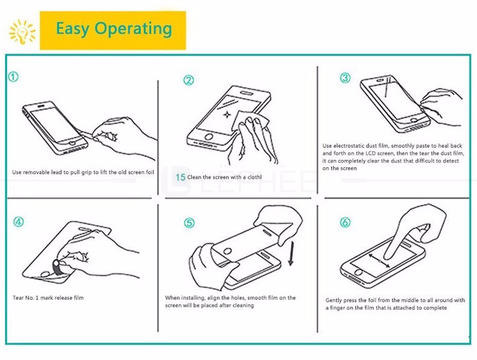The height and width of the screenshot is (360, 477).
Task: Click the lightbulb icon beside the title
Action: pyautogui.click(x=22, y=31)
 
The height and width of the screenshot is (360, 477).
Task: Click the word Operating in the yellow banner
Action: pyautogui.click(x=133, y=29)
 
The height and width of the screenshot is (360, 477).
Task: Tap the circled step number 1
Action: pyautogui.click(x=13, y=77)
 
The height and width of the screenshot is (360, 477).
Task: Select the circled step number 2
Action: pyautogui.click(x=188, y=80)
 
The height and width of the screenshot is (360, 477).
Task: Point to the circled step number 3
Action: pyautogui.click(x=345, y=78)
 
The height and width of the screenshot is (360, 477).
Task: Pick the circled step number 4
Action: pyautogui.click(x=18, y=222)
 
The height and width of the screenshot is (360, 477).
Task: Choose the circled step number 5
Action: pyautogui.click(x=189, y=223)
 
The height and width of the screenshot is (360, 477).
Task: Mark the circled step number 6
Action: pyautogui.click(x=345, y=222)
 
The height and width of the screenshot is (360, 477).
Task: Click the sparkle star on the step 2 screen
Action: pyautogui.click(x=227, y=114)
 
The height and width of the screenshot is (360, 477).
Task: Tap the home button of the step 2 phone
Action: pyautogui.click(x=209, y=137)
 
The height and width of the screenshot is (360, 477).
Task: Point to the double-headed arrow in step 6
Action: pyautogui.click(x=379, y=261)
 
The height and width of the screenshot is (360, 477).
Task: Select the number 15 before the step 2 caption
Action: pyautogui.click(x=181, y=177)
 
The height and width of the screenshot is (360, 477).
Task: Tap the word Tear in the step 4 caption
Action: pyautogui.click(x=18, y=298)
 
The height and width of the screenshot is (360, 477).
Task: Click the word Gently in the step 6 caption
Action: pyautogui.click(x=333, y=300)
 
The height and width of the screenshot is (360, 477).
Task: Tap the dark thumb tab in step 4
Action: pyautogui.click(x=58, y=268)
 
